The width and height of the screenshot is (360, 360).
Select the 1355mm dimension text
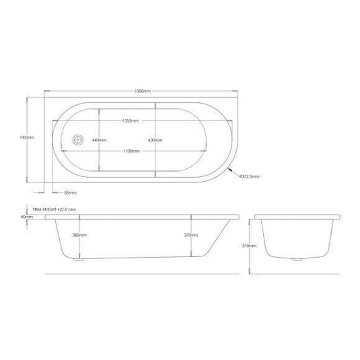[131, 120]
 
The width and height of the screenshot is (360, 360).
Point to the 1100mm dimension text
[131, 151]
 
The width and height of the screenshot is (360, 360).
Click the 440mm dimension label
[100, 140]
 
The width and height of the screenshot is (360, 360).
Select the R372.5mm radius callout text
[248, 178]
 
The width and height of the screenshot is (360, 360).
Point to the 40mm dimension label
[27, 217]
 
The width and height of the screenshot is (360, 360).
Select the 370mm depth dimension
[190, 236]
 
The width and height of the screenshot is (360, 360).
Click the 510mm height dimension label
[248, 246]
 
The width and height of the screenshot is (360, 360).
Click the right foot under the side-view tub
[196, 256]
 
